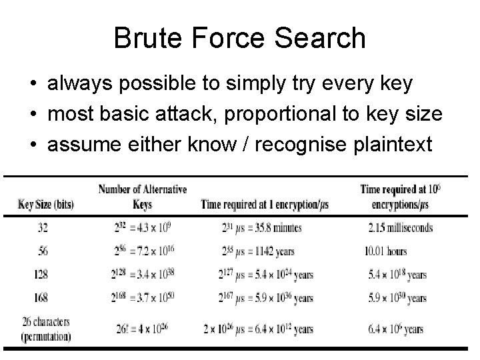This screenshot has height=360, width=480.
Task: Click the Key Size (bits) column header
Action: point(45,204)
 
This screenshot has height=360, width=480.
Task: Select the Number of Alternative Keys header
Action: point(143,197)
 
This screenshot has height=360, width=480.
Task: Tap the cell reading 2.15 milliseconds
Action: point(400,228)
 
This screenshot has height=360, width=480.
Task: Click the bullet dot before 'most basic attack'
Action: point(33,115)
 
